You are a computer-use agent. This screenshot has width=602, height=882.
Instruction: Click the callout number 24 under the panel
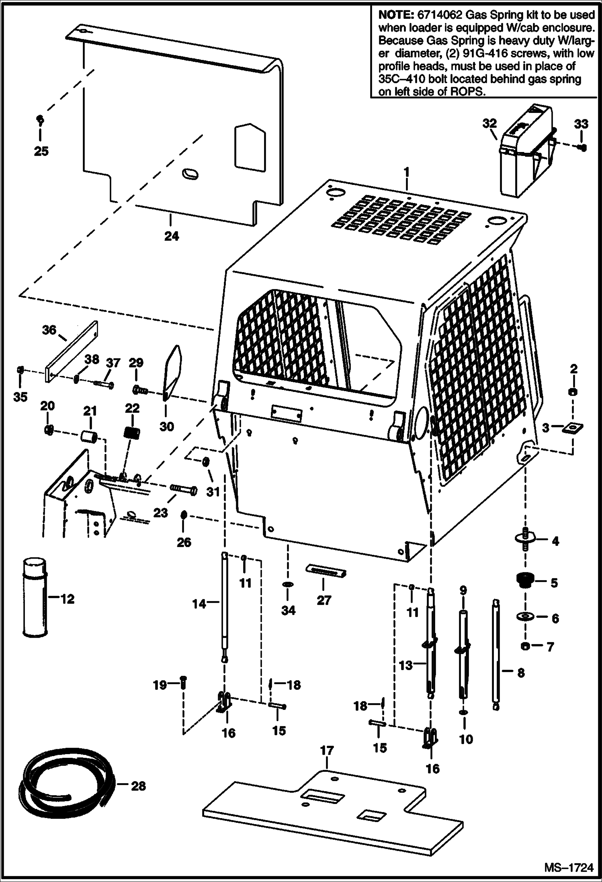point(172,236)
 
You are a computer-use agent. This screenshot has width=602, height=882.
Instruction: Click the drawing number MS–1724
point(568,868)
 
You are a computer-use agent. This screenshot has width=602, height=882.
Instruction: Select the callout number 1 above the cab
point(406,173)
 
